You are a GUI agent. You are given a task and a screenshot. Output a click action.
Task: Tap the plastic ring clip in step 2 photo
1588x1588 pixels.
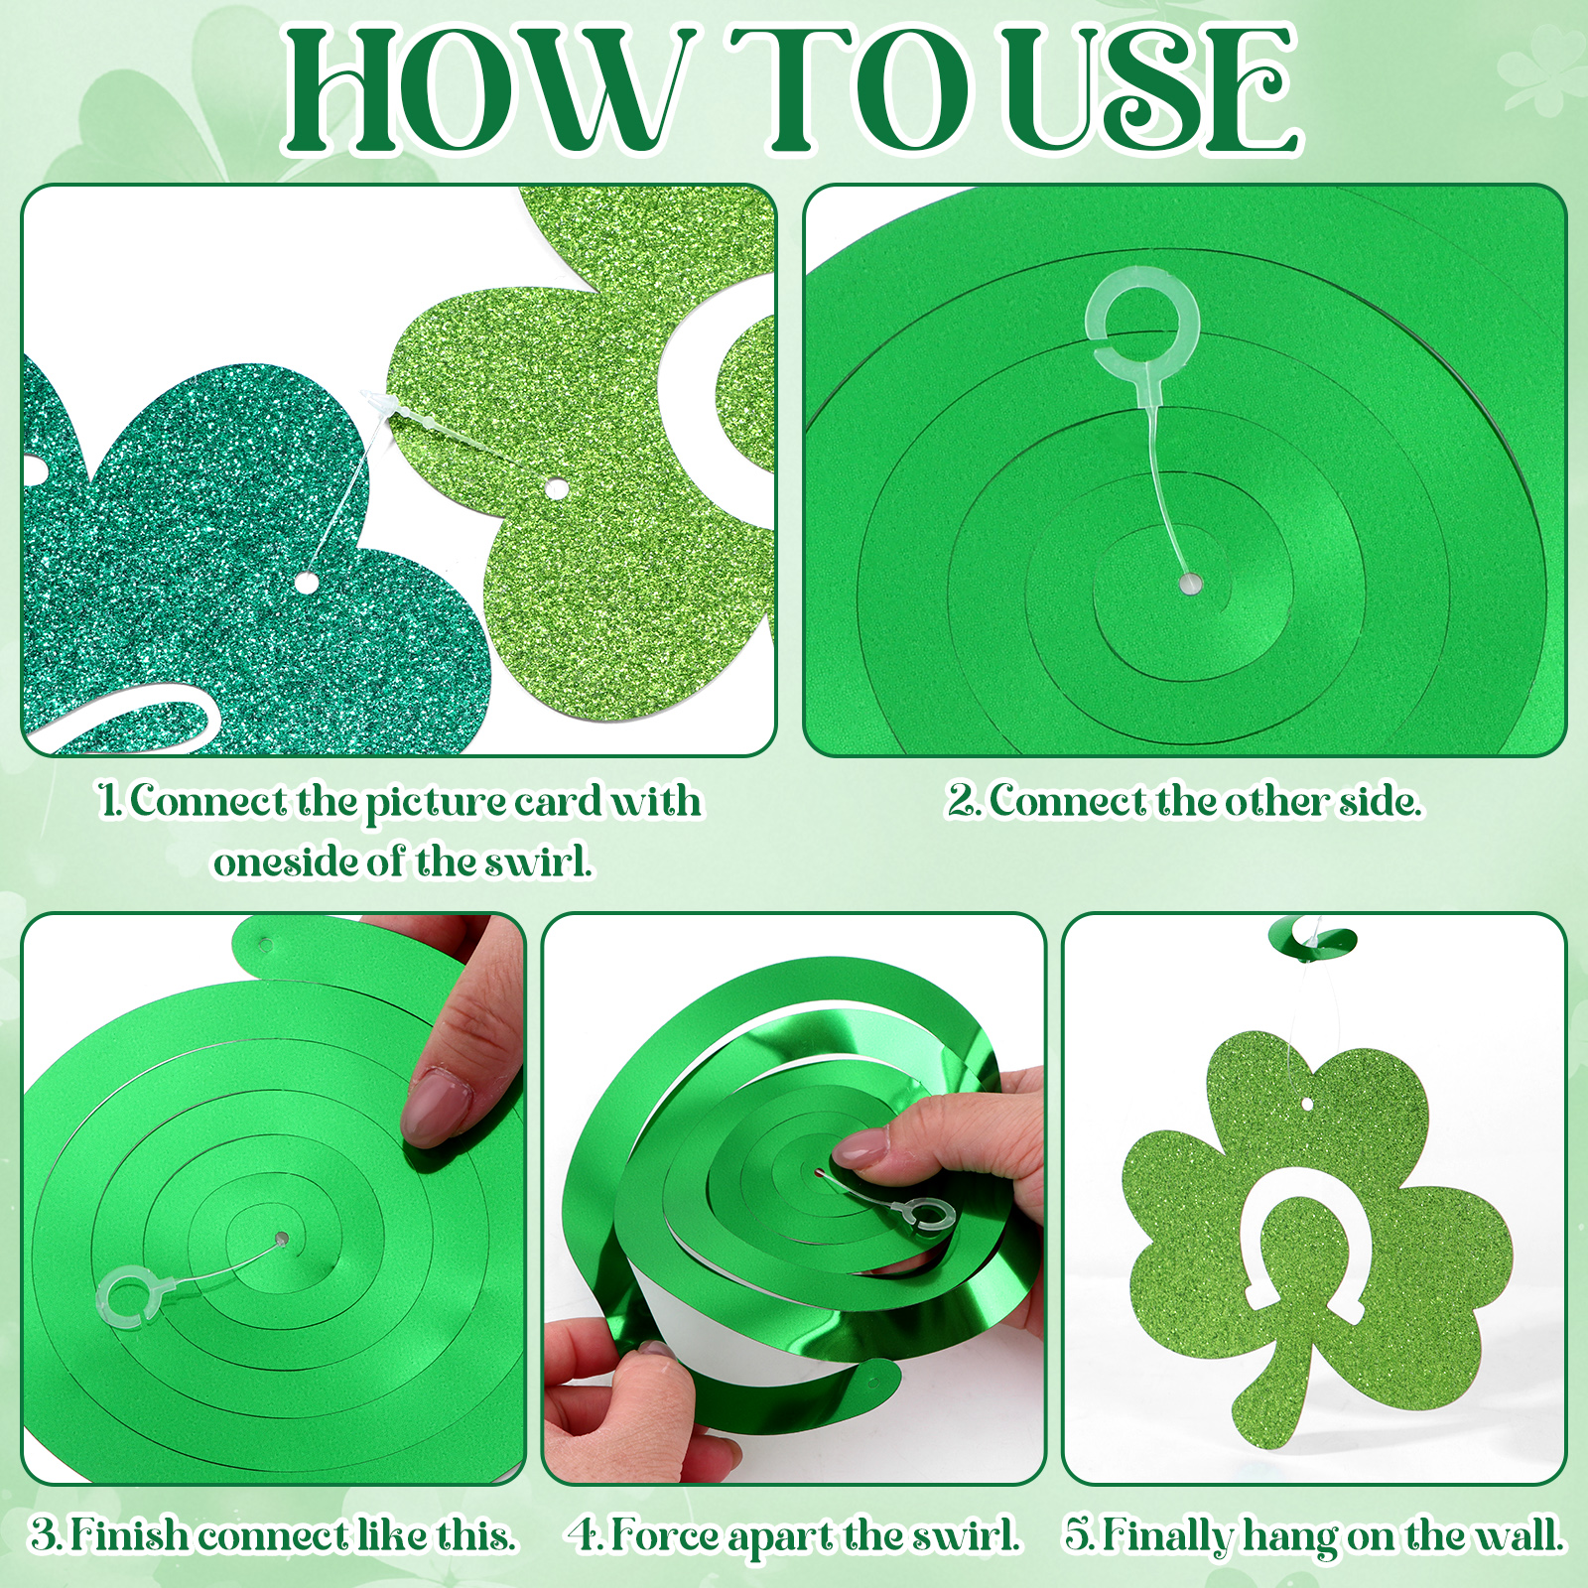1143,316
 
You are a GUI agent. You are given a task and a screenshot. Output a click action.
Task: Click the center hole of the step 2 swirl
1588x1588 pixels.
1187,585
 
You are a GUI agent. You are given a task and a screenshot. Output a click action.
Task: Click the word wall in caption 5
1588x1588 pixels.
1518,1535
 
